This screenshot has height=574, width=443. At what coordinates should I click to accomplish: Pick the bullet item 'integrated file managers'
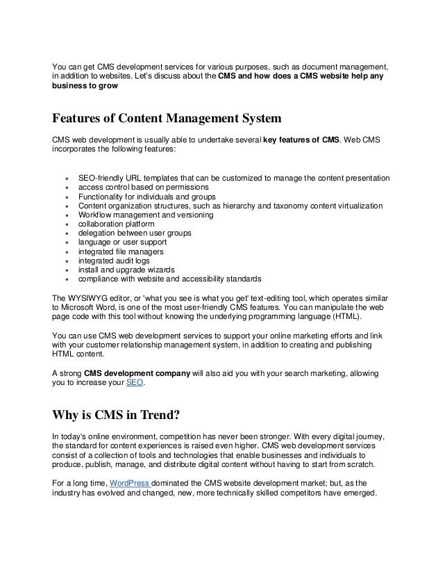[122, 252]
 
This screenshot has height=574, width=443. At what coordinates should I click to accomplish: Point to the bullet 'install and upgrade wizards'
[126, 270]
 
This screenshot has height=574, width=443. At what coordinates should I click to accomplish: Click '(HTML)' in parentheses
[344, 315]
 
